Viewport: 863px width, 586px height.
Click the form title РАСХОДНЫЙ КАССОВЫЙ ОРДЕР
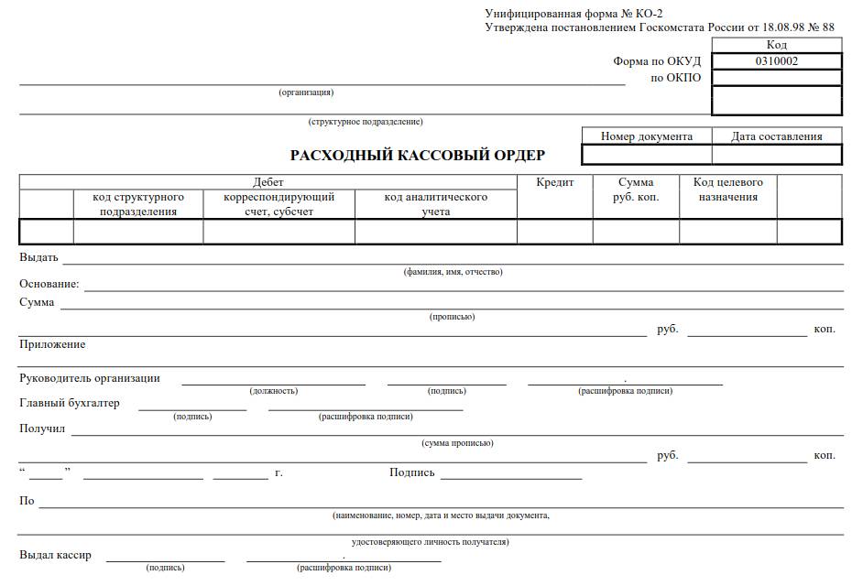point(418,155)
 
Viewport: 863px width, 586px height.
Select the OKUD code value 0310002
point(776,61)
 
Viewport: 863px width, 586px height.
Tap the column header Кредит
point(555,182)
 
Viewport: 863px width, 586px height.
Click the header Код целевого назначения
point(727,190)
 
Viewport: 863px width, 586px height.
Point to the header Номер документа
point(647,136)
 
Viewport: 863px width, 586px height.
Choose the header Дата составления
point(776,136)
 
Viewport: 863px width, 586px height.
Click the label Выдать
point(38,257)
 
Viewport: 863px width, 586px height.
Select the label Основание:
point(49,284)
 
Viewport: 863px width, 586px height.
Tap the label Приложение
point(52,344)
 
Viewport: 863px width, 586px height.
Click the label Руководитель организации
point(90,378)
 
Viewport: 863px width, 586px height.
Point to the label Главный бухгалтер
point(70,403)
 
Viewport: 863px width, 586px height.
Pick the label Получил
point(42,429)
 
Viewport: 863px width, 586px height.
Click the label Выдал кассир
point(55,555)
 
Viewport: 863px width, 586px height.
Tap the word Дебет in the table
point(268,182)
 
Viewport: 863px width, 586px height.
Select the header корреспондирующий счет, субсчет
point(279,204)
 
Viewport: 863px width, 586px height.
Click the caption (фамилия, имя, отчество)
point(453,272)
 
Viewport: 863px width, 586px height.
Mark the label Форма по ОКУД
point(657,61)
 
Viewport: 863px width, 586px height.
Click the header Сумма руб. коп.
point(636,190)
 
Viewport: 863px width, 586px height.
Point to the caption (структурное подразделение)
point(366,122)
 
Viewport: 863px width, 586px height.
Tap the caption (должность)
point(273,391)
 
